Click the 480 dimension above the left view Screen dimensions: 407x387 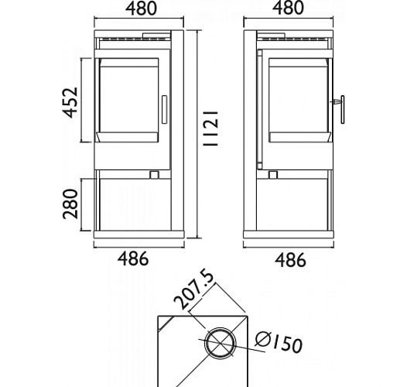pos(141,9)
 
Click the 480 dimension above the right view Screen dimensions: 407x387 pos(288,8)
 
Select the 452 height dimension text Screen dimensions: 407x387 pos(70,103)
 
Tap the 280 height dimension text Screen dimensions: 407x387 pos(70,204)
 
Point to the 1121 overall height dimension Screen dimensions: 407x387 pos(210,128)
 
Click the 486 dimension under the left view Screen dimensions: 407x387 pos(133,259)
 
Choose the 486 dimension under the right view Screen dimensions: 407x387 pos(290,260)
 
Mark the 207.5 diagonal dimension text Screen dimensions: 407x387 pos(194,290)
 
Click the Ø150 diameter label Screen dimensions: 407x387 pos(279,342)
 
